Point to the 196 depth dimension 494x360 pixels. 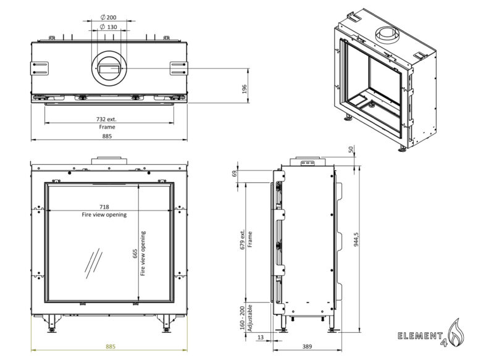[244, 88]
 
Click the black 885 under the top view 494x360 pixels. [107, 136]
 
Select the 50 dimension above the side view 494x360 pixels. [350, 149]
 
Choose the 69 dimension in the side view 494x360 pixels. [235, 174]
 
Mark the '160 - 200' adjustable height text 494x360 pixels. [242, 318]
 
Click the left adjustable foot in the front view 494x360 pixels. [50, 322]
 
